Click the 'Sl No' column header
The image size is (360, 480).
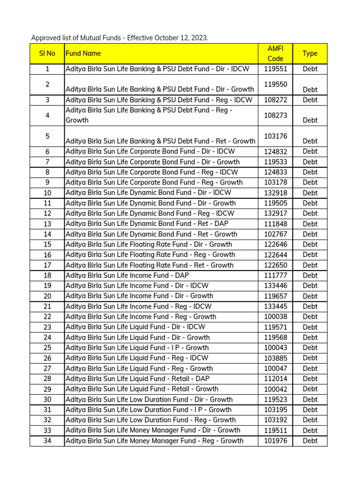point(47,53)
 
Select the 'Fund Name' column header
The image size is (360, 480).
point(83,53)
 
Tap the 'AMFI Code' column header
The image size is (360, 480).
point(275,53)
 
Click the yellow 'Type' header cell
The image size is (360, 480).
point(310,53)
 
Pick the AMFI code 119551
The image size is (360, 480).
point(275,69)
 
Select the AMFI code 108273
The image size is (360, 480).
point(275,115)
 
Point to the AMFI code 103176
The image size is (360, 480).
point(275,136)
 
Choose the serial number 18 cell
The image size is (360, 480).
point(47,276)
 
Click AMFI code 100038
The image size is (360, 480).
point(275,317)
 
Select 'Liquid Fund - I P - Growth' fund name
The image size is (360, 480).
point(137,348)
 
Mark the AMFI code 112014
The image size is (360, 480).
point(275,379)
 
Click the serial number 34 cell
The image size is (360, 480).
point(47,441)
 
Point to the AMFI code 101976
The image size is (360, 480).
point(275,441)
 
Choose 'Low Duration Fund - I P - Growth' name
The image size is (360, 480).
point(148,410)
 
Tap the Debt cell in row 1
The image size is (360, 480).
point(310,69)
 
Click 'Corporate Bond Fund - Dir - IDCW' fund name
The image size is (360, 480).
point(150,151)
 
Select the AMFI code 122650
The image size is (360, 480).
point(275,265)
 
